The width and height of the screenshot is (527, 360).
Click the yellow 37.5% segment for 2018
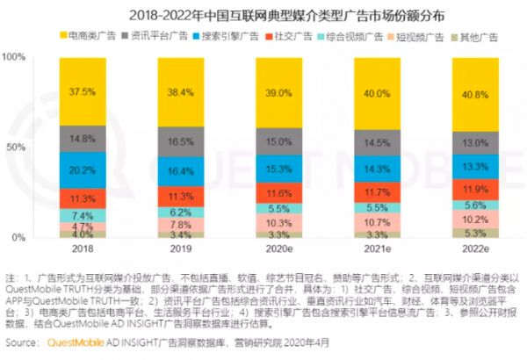click(x=83, y=92)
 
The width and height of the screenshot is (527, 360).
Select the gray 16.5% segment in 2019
click(x=181, y=141)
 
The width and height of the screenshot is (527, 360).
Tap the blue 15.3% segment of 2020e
click(x=278, y=168)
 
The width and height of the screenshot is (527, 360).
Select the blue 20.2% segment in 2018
click(x=83, y=170)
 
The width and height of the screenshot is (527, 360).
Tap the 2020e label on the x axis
click(x=278, y=250)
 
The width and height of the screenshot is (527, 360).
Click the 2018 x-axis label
click(x=83, y=250)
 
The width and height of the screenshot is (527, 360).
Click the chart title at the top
click(x=263, y=14)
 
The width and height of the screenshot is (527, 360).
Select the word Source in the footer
click(x=24, y=342)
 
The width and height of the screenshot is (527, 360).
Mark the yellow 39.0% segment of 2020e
click(x=278, y=92)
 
